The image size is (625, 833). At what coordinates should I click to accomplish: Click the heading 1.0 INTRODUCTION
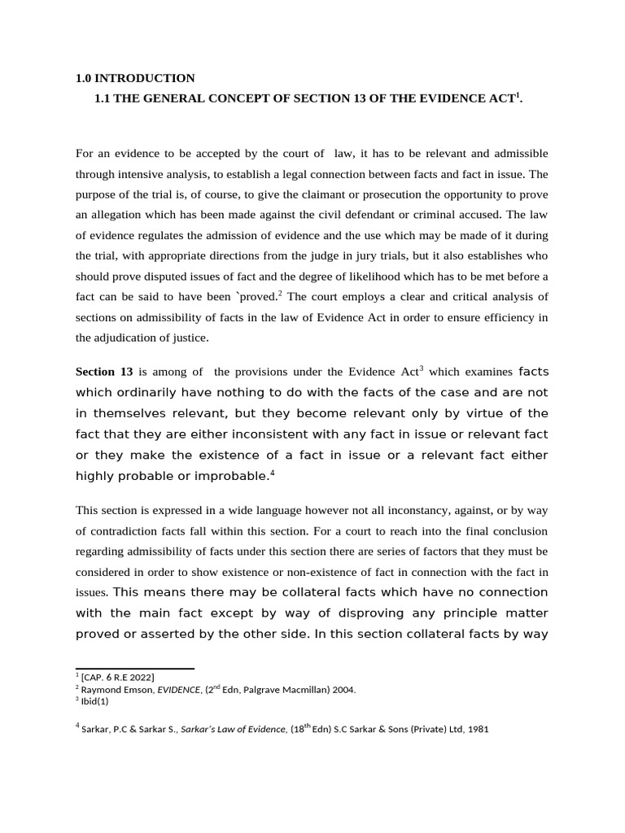pyautogui.click(x=135, y=78)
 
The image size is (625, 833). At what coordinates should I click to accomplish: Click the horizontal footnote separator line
pyautogui.click(x=134, y=668)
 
